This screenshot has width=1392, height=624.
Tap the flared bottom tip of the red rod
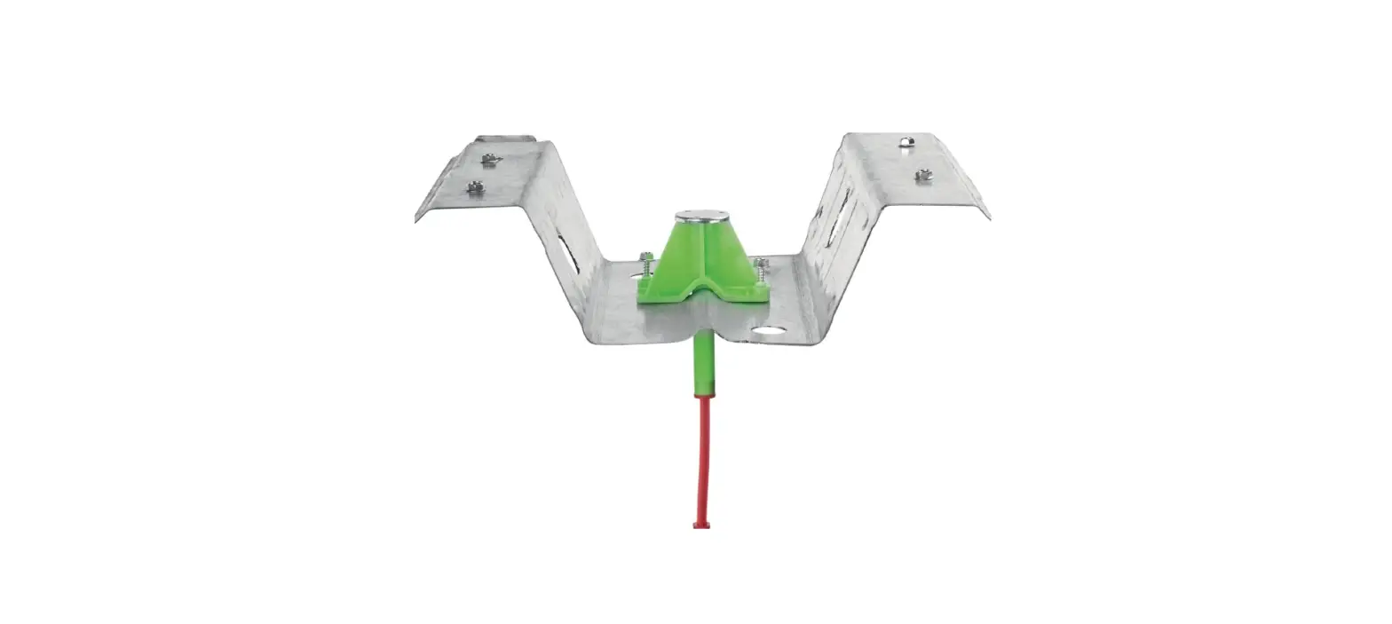[x=701, y=524]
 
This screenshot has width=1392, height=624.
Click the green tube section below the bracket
[x=702, y=364]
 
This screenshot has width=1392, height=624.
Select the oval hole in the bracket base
[x=768, y=333]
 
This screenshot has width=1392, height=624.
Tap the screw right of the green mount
[x=761, y=265]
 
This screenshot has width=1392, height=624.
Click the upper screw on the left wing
[x=489, y=160]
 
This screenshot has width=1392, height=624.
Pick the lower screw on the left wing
[x=476, y=187]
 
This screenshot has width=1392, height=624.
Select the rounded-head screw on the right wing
[x=906, y=142]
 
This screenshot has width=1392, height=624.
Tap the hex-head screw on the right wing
[x=924, y=175]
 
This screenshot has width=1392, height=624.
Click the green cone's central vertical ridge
[x=701, y=253]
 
